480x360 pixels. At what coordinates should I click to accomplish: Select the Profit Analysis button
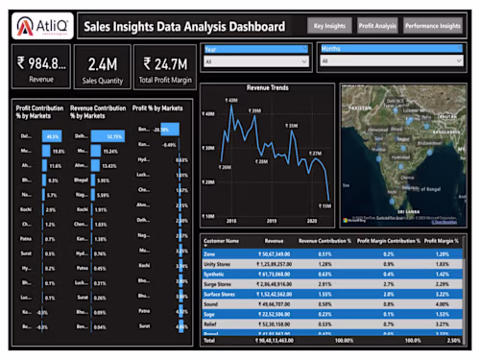click(x=377, y=26)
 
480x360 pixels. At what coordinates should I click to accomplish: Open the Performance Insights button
click(x=432, y=26)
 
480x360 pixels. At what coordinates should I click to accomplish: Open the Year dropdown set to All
click(x=253, y=60)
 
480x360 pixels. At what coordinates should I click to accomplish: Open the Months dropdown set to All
click(x=391, y=60)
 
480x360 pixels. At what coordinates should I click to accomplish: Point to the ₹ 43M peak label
click(x=231, y=100)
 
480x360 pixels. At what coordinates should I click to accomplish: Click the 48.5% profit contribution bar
click(x=52, y=136)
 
